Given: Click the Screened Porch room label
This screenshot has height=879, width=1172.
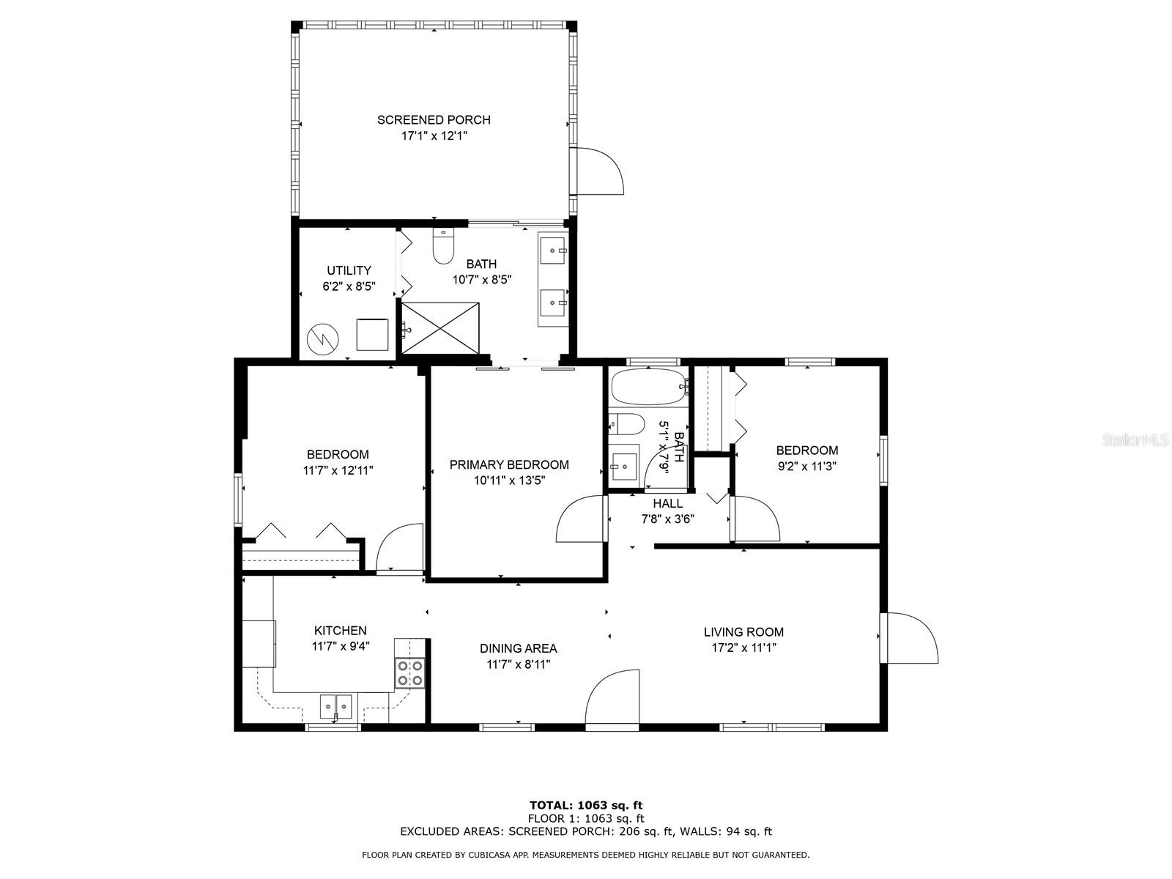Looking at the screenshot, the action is coord(434,120).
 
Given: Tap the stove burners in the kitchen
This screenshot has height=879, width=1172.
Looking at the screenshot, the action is coord(409,673).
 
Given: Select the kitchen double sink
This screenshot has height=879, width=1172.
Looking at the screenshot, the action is coord(335,707).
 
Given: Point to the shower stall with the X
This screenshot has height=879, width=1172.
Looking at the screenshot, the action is coord(440,327).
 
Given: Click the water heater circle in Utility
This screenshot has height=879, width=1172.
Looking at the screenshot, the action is coord(323,339).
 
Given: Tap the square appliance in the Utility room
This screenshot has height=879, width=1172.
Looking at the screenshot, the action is coord(372,334).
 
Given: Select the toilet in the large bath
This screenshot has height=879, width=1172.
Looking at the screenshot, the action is coord(443,247).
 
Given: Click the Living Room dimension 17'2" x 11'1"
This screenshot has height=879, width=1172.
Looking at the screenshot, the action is coord(743,648).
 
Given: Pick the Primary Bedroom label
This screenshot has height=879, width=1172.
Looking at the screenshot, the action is coord(509,464).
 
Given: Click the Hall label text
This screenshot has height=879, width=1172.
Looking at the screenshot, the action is coord(667,503).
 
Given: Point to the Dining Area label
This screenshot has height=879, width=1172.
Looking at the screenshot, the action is coord(518,648).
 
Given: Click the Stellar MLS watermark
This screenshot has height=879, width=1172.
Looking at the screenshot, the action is coord(1136,440).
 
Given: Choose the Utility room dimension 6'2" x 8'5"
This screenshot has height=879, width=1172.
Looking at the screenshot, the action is coord(349,286).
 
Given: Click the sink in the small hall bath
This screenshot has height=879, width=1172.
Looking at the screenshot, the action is coord(623,465).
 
